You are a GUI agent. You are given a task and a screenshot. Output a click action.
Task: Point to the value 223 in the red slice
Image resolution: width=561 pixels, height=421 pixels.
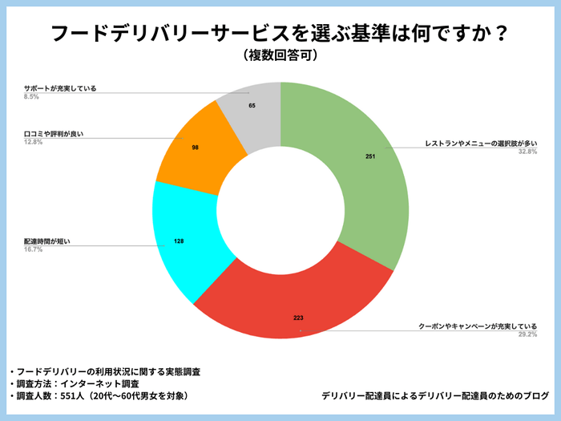point(298,318)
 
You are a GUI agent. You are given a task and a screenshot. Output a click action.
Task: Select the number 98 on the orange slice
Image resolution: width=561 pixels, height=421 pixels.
point(195,148)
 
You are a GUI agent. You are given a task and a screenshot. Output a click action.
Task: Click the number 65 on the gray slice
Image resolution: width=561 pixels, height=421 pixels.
point(252,105)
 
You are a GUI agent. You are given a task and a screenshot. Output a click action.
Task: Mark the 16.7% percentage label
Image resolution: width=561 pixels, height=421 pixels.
point(34,249)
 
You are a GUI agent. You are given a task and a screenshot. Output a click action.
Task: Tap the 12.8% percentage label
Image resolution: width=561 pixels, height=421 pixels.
point(34,142)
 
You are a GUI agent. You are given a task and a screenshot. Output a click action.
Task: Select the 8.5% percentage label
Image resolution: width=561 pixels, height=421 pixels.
point(31,96)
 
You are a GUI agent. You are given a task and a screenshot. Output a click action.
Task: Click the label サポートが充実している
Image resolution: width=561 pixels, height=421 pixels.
point(60,88)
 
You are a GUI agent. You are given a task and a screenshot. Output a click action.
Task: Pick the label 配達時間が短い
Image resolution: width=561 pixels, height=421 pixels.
point(48,241)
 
